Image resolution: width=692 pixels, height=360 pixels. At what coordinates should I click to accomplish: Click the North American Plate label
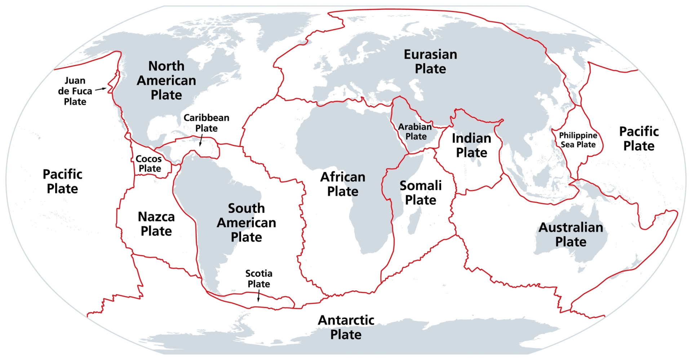(166, 80)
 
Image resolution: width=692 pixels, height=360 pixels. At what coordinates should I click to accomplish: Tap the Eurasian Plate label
(430, 62)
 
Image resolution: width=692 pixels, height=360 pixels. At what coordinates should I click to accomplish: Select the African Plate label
(343, 184)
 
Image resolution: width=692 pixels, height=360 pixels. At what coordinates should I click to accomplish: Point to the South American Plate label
(247, 223)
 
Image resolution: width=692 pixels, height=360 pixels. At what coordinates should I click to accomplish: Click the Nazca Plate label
(156, 224)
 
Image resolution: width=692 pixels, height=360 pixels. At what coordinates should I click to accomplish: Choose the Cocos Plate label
(149, 164)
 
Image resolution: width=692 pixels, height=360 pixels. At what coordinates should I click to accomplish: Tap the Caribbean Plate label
(206, 123)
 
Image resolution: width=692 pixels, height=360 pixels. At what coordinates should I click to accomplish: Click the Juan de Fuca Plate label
(75, 91)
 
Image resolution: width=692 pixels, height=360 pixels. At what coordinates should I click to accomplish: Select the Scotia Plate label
(259, 279)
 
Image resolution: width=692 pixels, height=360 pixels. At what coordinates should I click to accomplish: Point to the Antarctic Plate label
(346, 327)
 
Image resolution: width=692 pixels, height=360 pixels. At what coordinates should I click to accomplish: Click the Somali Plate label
(421, 193)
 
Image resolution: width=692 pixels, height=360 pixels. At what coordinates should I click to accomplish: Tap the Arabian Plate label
(415, 132)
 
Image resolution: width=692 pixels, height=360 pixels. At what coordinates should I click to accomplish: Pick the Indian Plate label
(471, 145)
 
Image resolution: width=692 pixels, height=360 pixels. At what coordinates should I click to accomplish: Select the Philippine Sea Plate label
(578, 140)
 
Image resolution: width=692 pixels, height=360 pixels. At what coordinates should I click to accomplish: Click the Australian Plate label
(571, 235)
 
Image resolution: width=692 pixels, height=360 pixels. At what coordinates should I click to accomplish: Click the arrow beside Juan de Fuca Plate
(101, 89)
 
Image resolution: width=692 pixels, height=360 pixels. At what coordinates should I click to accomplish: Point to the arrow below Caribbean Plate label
(201, 140)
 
